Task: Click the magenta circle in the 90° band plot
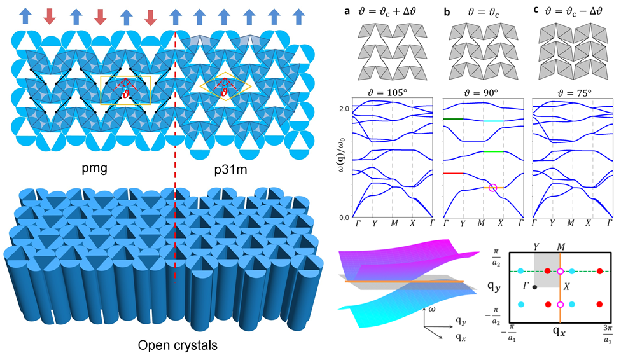click(492, 188)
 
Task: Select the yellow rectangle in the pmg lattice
click(125, 90)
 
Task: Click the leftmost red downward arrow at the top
click(49, 17)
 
